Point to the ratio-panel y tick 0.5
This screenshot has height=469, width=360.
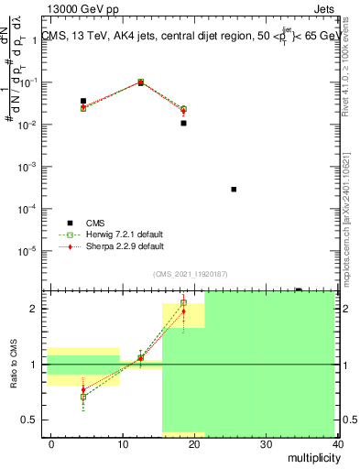coord(29,420)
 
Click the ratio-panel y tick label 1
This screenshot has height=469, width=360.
coord(33,365)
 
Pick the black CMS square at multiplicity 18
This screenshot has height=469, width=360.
coord(183,123)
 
